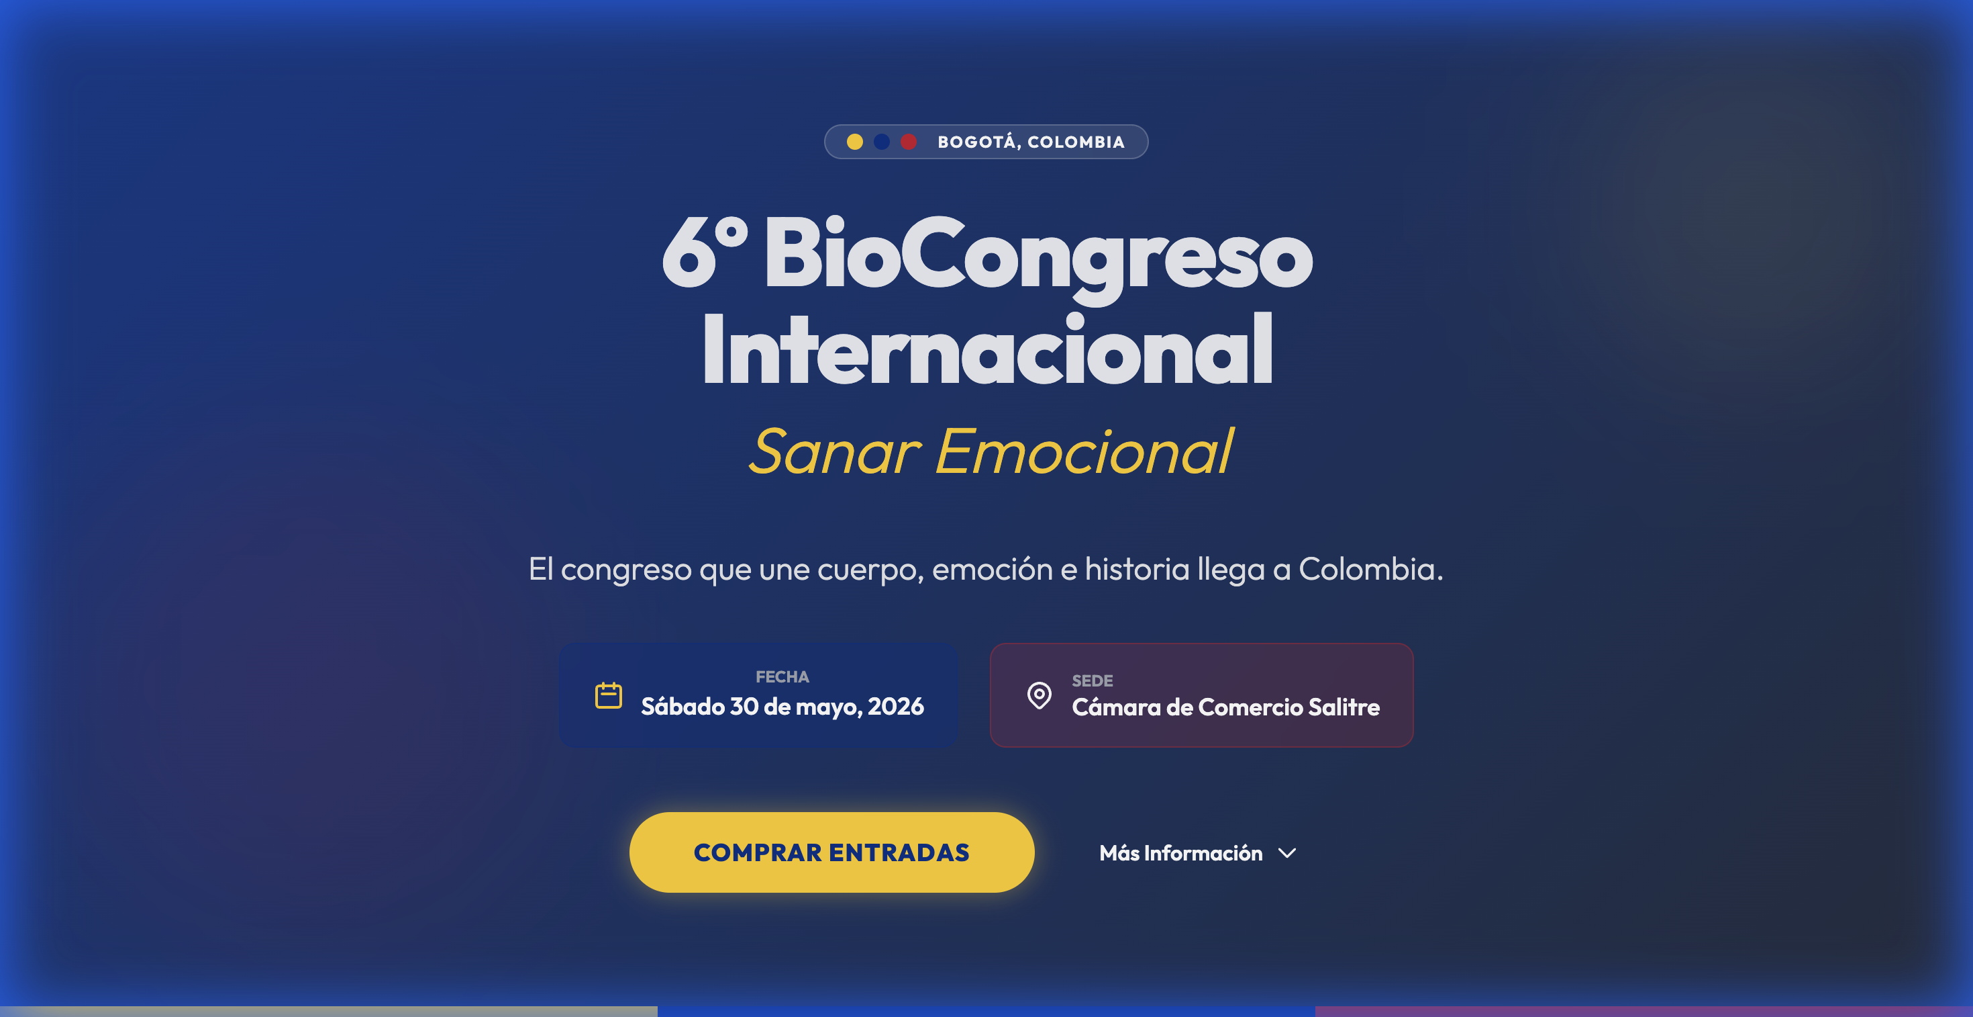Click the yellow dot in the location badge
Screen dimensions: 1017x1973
click(x=855, y=142)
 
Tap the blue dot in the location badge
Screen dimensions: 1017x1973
click(x=882, y=142)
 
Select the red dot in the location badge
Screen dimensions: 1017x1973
click(x=909, y=142)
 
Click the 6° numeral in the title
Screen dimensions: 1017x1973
click(x=703, y=253)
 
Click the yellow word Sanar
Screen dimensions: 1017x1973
click(x=834, y=451)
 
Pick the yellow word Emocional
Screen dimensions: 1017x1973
click(x=1083, y=451)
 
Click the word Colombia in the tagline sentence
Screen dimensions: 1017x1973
click(x=1370, y=570)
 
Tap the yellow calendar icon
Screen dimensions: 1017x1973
click(x=609, y=695)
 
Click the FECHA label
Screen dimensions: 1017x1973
click(x=782, y=676)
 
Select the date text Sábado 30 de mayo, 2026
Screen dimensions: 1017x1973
click(x=782, y=707)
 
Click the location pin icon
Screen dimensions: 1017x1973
click(x=1040, y=695)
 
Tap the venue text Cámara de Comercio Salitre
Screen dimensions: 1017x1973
click(x=1225, y=707)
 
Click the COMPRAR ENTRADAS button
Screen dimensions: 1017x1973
click(x=831, y=852)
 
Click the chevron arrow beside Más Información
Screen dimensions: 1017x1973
click(x=1288, y=853)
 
